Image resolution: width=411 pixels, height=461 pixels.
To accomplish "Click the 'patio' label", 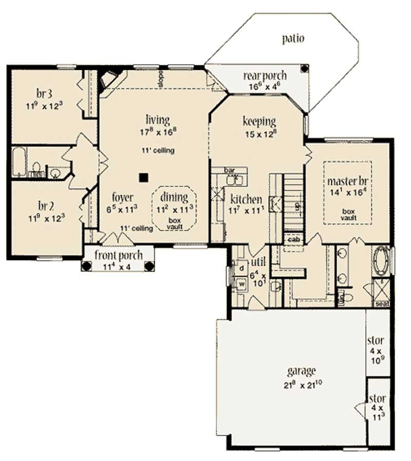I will click(293, 38).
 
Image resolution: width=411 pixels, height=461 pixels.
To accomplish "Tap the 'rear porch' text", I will click(265, 76).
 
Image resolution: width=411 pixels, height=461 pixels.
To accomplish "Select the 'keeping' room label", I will click(259, 121).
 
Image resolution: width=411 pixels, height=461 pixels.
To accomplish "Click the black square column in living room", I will click(144, 177).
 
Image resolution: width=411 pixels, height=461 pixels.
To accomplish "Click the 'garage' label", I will click(301, 371).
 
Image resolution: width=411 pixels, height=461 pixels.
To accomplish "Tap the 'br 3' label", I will click(44, 94).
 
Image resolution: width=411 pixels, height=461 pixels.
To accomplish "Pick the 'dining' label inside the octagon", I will click(174, 196).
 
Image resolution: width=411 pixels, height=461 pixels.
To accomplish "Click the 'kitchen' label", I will click(246, 199).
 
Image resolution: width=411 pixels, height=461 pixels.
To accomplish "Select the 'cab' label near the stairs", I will click(293, 239).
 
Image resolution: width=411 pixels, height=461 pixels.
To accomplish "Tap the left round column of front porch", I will click(87, 266).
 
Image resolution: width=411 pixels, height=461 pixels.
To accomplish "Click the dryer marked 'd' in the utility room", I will click(240, 268).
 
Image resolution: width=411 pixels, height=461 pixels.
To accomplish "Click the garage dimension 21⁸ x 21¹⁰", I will click(302, 383).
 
